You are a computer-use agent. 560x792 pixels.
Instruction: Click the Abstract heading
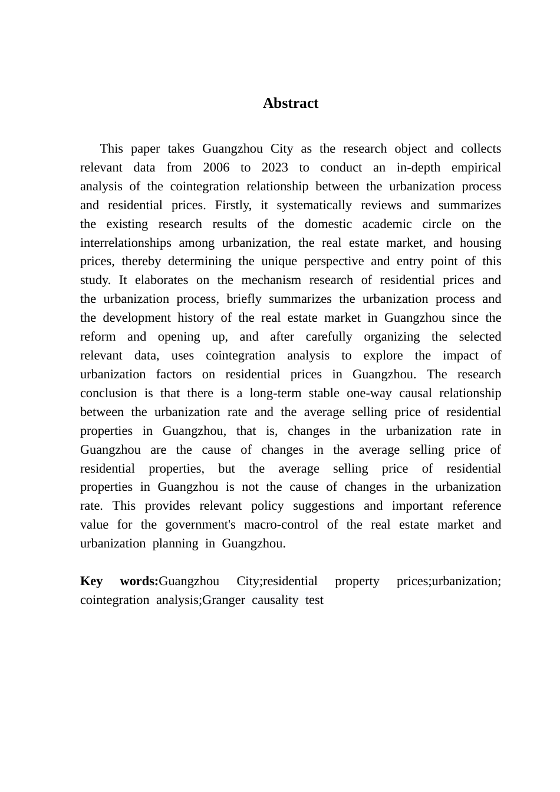click(290, 103)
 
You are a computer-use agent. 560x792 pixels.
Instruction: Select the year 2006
click(216, 167)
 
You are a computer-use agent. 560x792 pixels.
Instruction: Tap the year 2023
click(275, 167)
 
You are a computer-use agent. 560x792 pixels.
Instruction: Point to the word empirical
click(476, 167)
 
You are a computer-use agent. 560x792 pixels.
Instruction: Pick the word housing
click(480, 243)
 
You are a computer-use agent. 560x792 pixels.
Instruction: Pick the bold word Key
click(91, 581)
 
